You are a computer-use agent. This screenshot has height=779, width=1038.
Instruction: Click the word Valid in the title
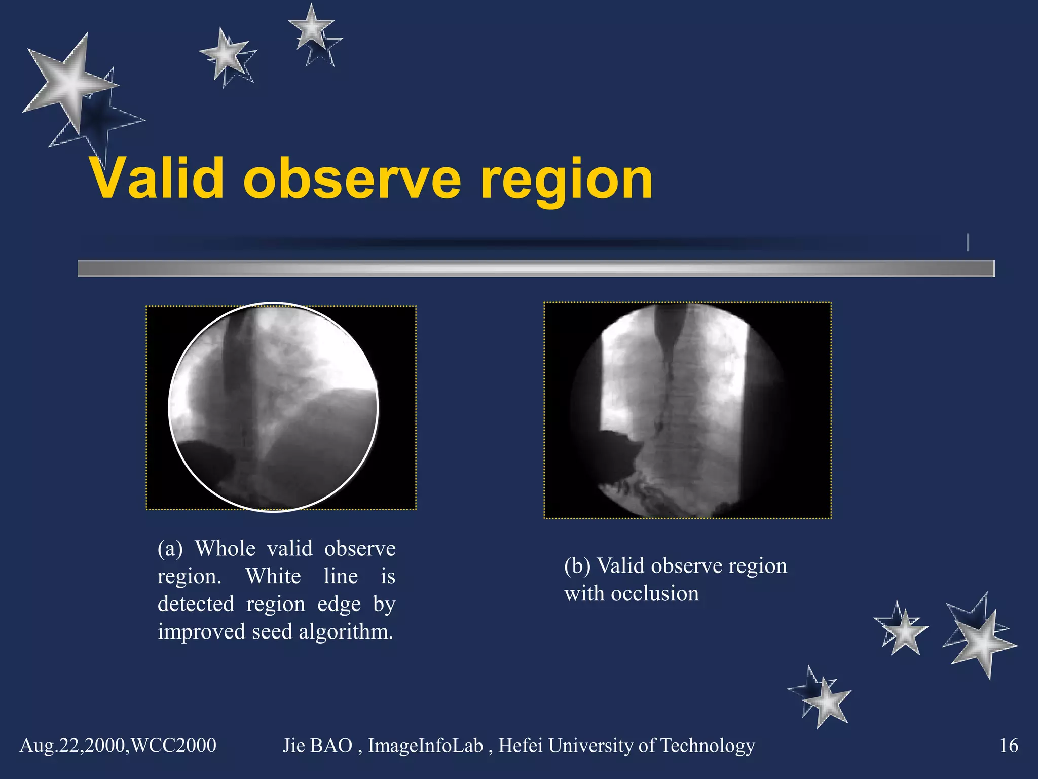pyautogui.click(x=157, y=179)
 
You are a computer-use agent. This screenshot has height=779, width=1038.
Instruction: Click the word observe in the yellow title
pyautogui.click(x=352, y=179)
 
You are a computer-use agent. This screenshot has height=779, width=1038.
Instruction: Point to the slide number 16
pyautogui.click(x=1008, y=746)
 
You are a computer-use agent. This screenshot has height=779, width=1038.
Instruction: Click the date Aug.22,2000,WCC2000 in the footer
pyautogui.click(x=118, y=746)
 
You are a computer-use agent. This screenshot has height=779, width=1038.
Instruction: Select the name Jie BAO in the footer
pyautogui.click(x=317, y=746)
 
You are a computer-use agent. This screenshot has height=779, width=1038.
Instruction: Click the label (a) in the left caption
pyautogui.click(x=170, y=549)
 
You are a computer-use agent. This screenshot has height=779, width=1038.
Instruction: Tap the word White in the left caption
pyautogui.click(x=273, y=577)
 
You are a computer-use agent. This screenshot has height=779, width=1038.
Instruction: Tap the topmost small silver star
pyautogui.click(x=311, y=28)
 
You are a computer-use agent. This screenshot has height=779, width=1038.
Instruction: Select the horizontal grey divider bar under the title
pyautogui.click(x=535, y=268)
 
